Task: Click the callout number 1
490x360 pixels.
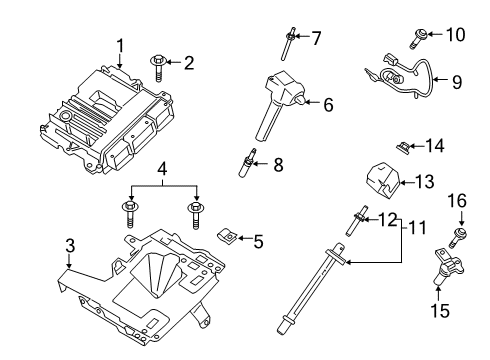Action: pos(120,45)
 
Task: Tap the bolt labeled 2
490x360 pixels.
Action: pos(159,64)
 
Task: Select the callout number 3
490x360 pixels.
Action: pos(69,245)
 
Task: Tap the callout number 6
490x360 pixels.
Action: pos(328,102)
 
